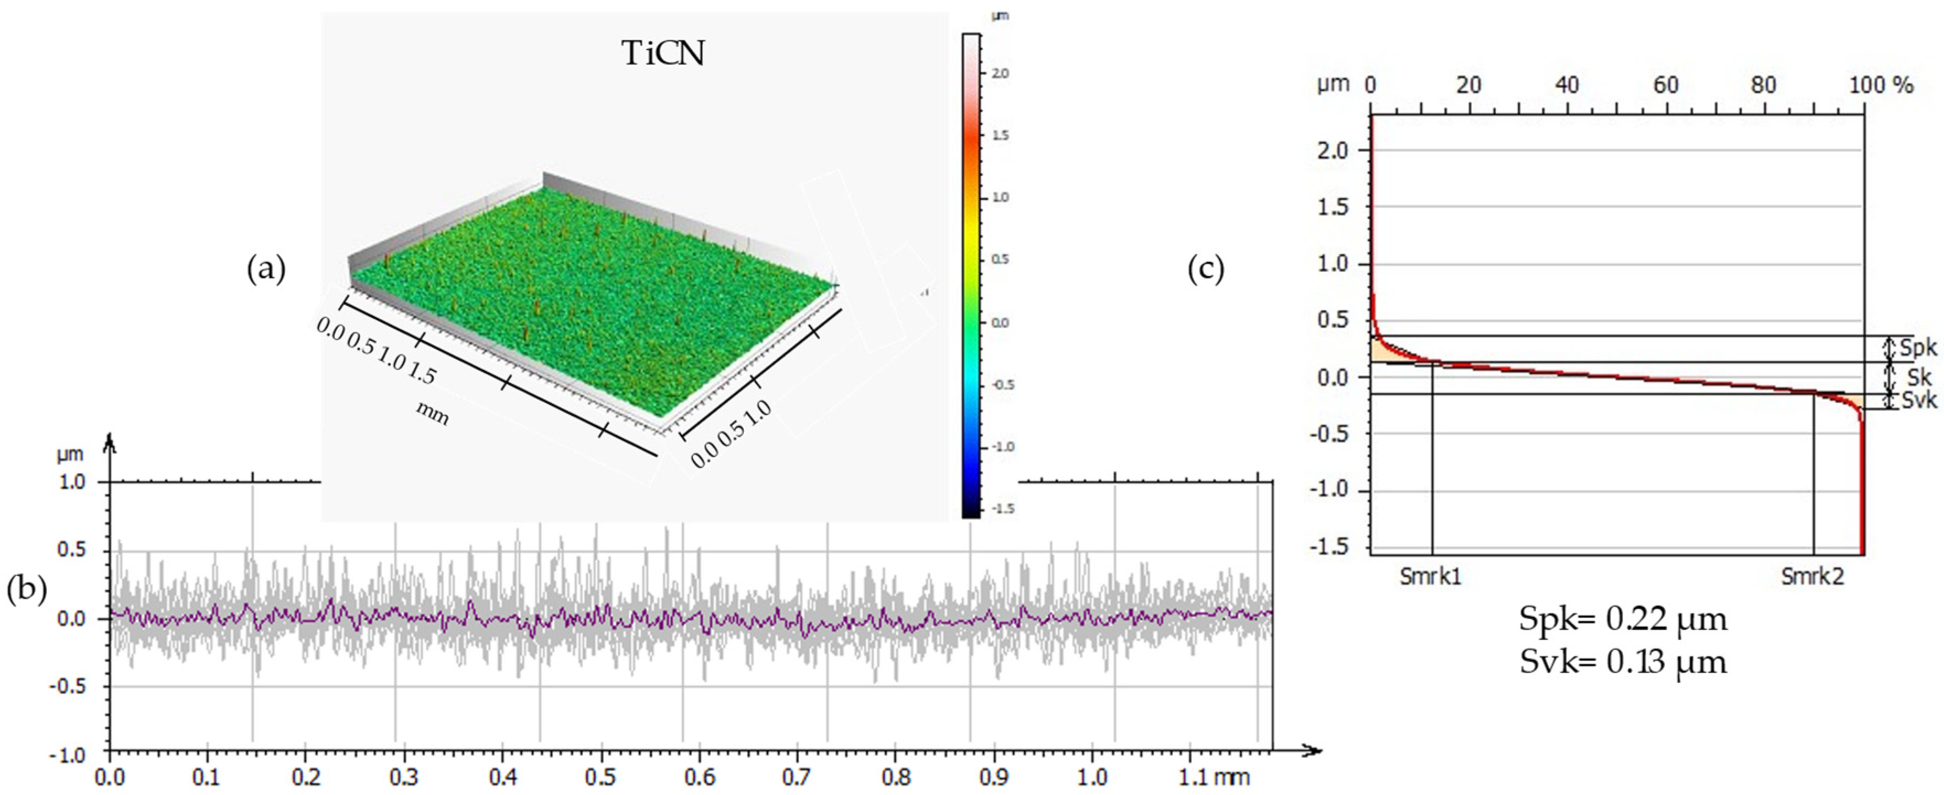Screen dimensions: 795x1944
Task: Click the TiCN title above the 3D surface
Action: (x=663, y=53)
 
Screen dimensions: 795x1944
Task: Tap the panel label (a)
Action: (x=266, y=268)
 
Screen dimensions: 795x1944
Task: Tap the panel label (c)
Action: (x=1206, y=268)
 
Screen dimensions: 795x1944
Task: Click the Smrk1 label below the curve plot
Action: (x=1430, y=577)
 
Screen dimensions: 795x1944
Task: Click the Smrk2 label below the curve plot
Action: (x=1812, y=577)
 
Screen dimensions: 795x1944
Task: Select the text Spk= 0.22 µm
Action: (x=1623, y=619)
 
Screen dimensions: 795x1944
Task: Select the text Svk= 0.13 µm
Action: (x=1623, y=662)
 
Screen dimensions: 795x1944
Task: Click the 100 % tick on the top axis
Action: (x=1881, y=85)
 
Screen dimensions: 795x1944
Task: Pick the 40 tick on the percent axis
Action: (x=1567, y=85)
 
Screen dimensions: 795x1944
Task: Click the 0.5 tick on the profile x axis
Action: (x=602, y=777)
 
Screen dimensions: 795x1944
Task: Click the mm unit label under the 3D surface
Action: (x=432, y=413)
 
